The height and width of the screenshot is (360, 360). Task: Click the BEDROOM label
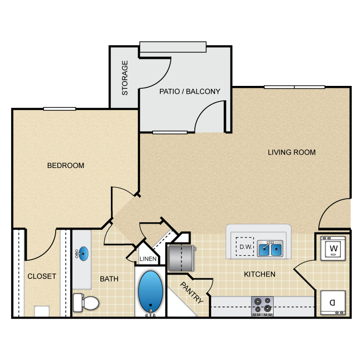(66, 166)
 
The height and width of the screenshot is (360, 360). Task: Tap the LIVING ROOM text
(291, 153)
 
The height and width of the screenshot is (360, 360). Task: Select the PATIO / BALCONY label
(190, 91)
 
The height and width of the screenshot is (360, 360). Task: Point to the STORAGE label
(125, 78)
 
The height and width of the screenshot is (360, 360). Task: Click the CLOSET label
(42, 276)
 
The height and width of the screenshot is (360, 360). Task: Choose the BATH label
(109, 279)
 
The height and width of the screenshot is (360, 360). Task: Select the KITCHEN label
(260, 275)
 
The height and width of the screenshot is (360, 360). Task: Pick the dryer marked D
(332, 303)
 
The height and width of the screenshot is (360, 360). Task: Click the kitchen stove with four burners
(262, 306)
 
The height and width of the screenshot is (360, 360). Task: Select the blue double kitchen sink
(270, 249)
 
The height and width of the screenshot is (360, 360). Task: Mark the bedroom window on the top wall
(60, 109)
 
